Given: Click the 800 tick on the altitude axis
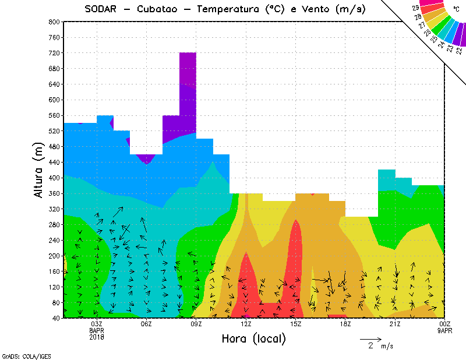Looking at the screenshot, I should pos(54,22).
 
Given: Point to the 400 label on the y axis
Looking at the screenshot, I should pos(54,178).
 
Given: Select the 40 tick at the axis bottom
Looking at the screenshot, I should pos(55,318).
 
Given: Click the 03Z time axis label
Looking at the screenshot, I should pos(97,324).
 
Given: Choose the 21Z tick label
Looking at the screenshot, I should pos(395,324).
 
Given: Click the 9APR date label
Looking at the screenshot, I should pos(444,330).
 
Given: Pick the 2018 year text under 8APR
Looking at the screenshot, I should pos(97,336).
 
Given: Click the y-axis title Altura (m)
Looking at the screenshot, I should pos(38,170).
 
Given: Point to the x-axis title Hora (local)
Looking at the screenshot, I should pos(253,338).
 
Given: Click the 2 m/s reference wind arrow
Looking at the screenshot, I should pos(370,338).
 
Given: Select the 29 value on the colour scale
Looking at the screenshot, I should pos(415,8).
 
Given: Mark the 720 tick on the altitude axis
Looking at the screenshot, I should pos(54,53).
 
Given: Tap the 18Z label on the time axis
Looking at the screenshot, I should pos(345,324).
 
